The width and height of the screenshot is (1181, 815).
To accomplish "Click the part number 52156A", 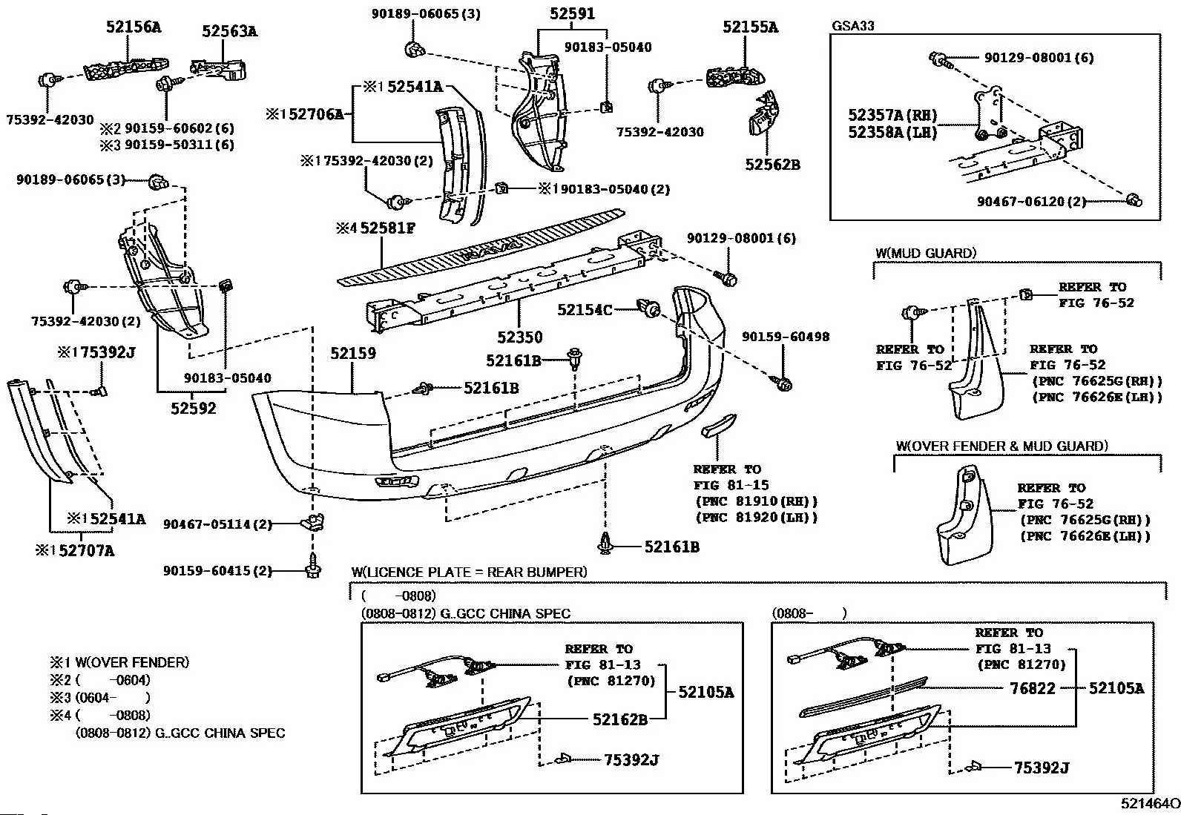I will [x=134, y=27].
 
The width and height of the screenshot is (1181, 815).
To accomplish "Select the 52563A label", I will [x=230, y=31].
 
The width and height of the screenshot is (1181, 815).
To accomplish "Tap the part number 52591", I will [x=573, y=13].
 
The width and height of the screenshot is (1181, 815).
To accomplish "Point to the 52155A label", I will [x=751, y=27].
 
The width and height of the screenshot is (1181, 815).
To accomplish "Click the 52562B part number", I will [x=773, y=165].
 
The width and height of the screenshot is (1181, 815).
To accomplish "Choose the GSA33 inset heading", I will [x=853, y=26].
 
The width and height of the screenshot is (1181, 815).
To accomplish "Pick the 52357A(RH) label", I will [x=892, y=116].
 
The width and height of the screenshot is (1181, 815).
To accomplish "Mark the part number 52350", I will [x=519, y=337].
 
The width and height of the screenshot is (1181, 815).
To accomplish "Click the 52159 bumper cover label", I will [x=353, y=354].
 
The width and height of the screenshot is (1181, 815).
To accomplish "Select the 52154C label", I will [x=585, y=310].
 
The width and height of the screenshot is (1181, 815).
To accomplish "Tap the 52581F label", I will [x=387, y=228].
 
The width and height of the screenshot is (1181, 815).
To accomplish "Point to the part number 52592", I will [x=194, y=408].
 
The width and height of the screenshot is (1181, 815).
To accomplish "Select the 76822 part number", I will [x=1033, y=688].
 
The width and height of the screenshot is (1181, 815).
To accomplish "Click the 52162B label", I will [x=620, y=719].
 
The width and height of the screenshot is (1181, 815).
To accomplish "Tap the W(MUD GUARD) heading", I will [x=926, y=253].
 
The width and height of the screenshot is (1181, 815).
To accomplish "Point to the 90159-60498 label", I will [x=786, y=337].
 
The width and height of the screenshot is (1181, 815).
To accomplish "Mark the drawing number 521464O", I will [x=1150, y=803].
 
